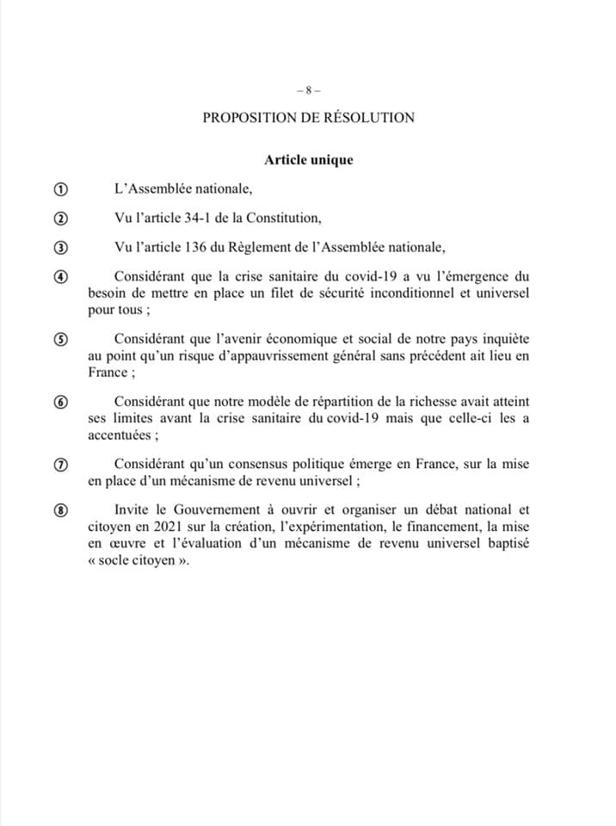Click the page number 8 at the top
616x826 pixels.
pos(307,89)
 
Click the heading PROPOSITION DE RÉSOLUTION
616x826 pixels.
pos(308,117)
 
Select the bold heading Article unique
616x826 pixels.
pos(308,159)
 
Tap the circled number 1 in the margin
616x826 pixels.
pos(61,189)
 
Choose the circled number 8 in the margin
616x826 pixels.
pos(61,509)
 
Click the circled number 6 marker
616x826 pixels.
pos(61,401)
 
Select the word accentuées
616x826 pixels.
pos(120,434)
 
